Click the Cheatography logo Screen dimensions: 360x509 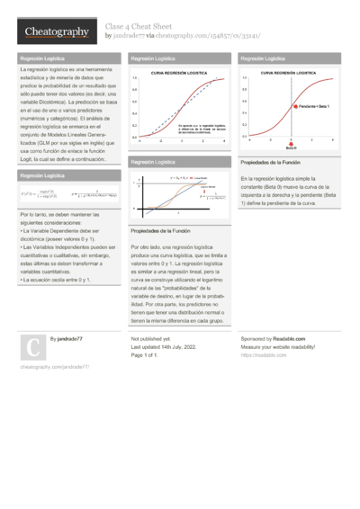[x=56, y=32]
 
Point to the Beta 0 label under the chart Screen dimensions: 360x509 [x=291, y=147]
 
